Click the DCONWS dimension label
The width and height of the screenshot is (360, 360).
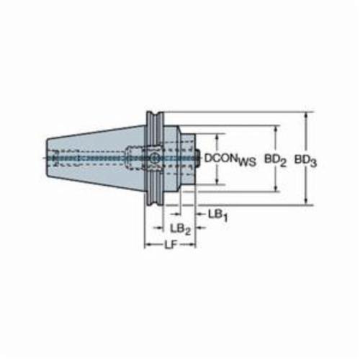point(230,159)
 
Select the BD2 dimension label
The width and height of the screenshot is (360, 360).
point(276,160)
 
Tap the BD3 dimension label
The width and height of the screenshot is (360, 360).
point(306,160)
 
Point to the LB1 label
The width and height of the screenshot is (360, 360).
point(217,215)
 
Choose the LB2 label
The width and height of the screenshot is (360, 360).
point(180,229)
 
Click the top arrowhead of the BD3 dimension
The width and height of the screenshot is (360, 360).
point(306,117)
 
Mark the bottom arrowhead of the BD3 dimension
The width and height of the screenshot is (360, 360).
point(306,201)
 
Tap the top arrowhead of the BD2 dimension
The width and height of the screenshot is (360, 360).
point(276,130)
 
